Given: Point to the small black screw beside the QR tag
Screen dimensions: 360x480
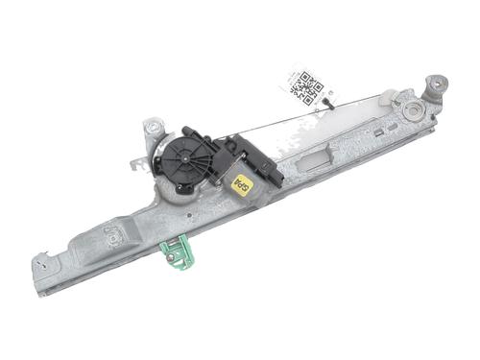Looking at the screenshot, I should point(328,100).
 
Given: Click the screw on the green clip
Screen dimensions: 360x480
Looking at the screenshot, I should point(169,253).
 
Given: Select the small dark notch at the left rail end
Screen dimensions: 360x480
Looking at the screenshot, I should point(42,258).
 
